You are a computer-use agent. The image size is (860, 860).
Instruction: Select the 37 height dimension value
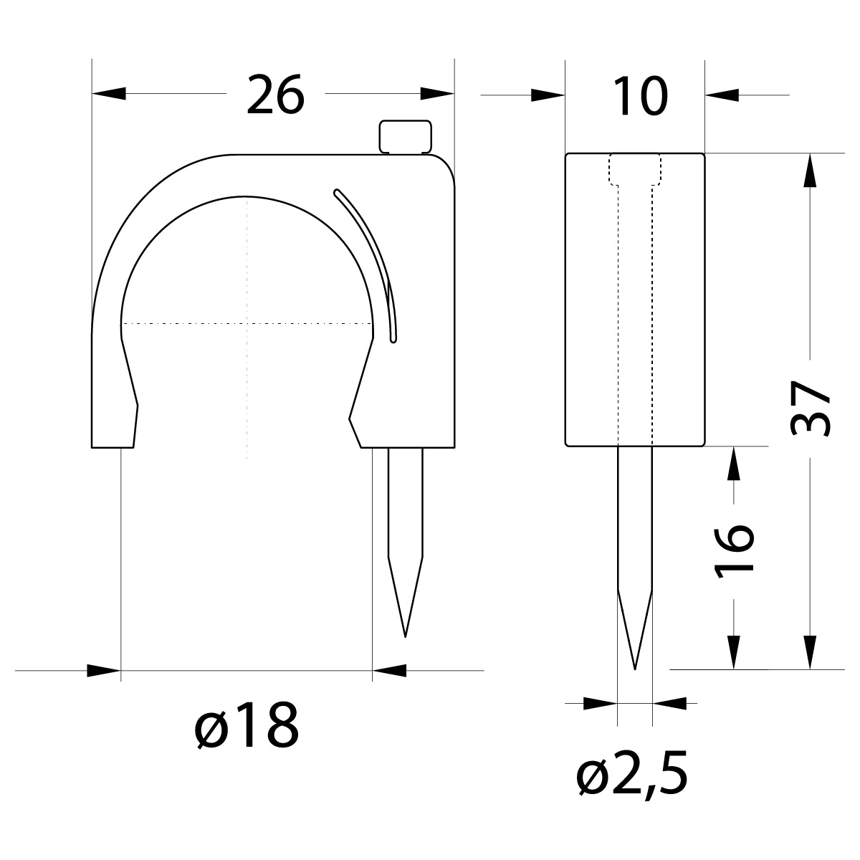coord(811,408)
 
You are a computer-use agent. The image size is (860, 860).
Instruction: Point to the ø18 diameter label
coord(246,725)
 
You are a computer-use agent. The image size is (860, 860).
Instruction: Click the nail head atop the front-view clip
coord(406,136)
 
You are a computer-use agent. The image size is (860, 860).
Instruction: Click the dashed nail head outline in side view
coord(635,171)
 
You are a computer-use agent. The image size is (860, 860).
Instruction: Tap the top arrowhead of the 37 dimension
coord(811,171)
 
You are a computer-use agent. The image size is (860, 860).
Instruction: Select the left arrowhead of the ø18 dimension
coord(103,671)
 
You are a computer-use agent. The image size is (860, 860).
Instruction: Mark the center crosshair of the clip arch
coord(247,324)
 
